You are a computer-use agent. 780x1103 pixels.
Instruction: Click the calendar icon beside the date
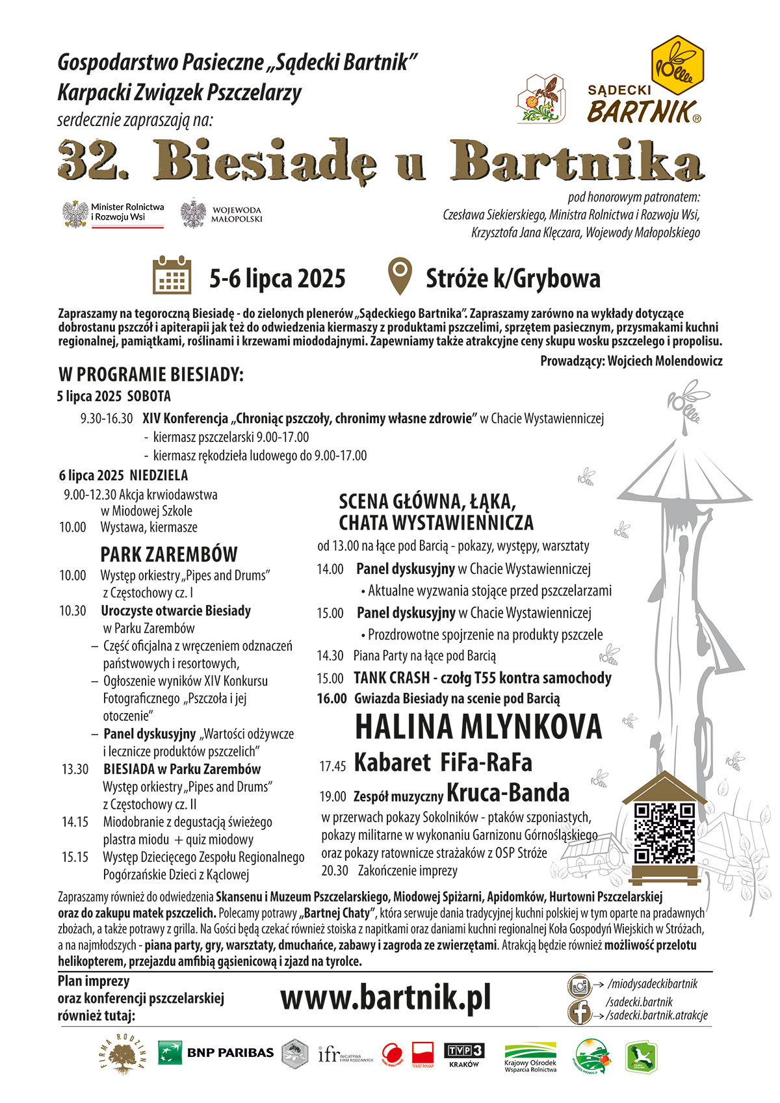(x=172, y=276)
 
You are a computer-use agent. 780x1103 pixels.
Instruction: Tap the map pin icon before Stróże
(x=400, y=276)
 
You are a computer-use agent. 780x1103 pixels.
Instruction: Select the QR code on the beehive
(x=664, y=833)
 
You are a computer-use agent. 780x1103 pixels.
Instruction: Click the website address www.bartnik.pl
(x=385, y=998)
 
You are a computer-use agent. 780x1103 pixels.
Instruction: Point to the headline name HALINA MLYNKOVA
(x=478, y=727)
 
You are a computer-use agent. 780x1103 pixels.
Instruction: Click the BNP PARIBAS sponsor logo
(x=216, y=1052)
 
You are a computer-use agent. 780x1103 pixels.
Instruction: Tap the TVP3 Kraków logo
(x=464, y=1054)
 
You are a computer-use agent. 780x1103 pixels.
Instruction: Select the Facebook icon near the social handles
(x=579, y=1013)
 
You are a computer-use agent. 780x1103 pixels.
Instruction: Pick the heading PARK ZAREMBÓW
(x=169, y=554)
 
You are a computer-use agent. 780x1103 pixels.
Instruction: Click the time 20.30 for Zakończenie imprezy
(x=335, y=870)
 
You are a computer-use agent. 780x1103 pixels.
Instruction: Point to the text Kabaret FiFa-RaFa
(x=443, y=762)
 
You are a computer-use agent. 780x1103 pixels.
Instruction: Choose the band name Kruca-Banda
(x=508, y=793)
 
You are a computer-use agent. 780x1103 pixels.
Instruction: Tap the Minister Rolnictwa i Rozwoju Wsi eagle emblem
(x=75, y=214)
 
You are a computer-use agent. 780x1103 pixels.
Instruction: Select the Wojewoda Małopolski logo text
(x=236, y=215)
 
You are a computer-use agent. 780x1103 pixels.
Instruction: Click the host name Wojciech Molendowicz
(x=664, y=361)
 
